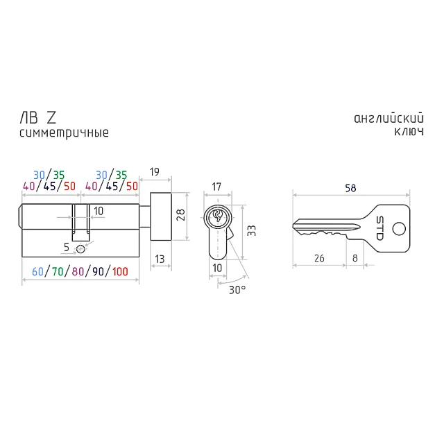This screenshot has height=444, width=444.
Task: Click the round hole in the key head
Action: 399,229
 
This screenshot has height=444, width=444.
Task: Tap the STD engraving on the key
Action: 380,228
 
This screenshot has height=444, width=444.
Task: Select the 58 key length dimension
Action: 350,188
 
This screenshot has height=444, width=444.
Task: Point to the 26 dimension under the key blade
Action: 319,258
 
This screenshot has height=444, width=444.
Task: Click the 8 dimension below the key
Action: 355,258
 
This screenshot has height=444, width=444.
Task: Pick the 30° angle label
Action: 237,290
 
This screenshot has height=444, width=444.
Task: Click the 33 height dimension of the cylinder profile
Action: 251,231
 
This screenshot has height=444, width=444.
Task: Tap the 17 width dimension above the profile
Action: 216,187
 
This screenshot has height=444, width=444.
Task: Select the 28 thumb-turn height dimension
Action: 180,215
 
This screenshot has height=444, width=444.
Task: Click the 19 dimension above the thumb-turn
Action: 155,172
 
